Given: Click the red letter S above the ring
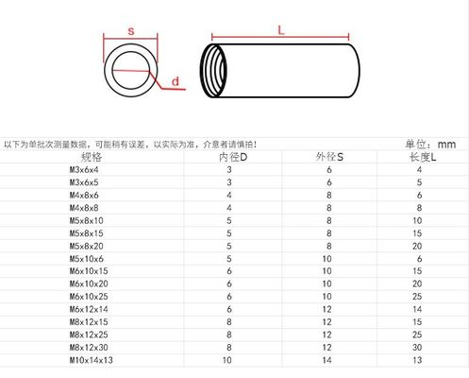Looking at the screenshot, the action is click(131, 31).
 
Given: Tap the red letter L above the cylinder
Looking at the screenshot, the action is click(281, 30).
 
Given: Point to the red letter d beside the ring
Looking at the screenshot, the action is click(176, 81).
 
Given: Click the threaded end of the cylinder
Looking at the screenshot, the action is click(213, 71).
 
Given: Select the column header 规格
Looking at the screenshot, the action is click(92, 157).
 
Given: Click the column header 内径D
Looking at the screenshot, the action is click(233, 157).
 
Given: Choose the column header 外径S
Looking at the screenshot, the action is click(329, 157).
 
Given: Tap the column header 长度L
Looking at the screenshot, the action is click(423, 157).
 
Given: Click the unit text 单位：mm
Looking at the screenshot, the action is click(430, 145).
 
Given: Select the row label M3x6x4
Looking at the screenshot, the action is click(84, 170).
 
